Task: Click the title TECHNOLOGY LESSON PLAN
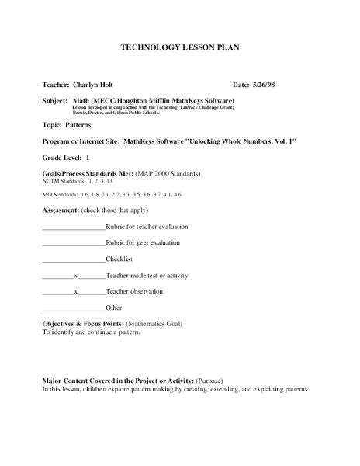179,47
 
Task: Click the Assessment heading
61,211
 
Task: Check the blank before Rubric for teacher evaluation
72,227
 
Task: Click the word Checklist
120,259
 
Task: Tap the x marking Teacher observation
74,292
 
